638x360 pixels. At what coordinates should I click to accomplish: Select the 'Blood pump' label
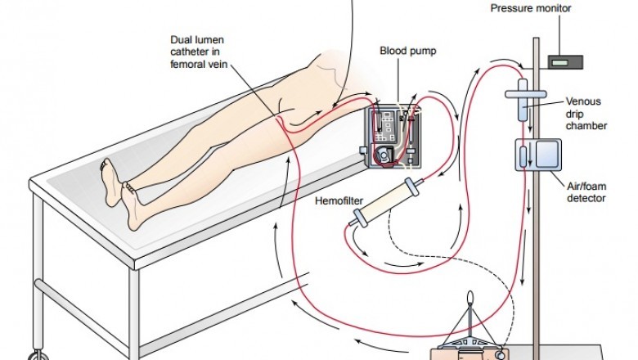click(408, 50)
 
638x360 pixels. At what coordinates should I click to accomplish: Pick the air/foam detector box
click(536, 155)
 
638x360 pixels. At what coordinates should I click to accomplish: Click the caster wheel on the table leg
click(37, 354)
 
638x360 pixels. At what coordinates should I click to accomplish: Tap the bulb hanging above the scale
click(474, 299)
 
